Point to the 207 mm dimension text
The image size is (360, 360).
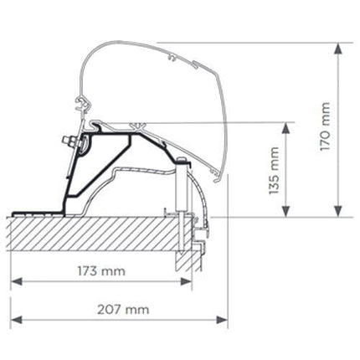point(122,309)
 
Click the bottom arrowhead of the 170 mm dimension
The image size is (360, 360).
point(338,211)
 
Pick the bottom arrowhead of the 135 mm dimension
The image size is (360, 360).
point(287,211)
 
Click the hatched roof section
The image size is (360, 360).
point(92,234)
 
